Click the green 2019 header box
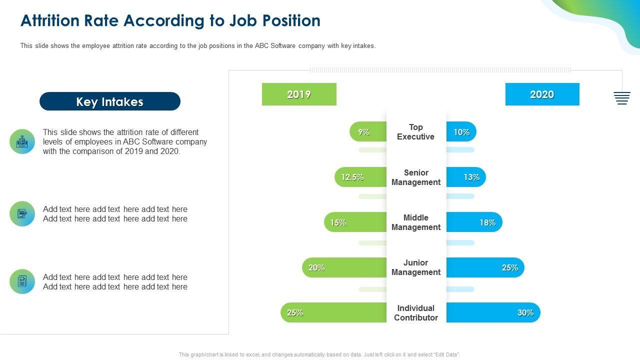click(299, 94)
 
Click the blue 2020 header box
click(542, 94)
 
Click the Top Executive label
click(416, 132)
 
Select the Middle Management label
click(416, 222)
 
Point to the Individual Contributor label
click(416, 313)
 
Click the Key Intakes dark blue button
click(110, 101)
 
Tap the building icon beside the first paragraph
click(22, 141)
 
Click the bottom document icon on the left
click(22, 281)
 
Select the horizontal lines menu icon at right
click(622, 98)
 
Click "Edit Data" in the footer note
click(446, 355)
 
